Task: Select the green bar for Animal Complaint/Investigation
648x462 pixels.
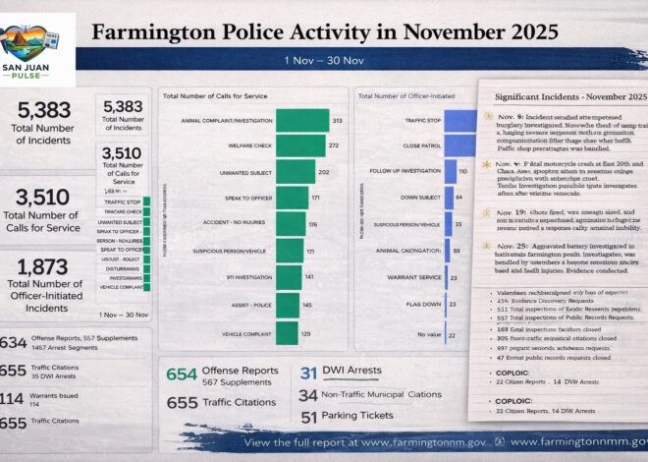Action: [x=301, y=121]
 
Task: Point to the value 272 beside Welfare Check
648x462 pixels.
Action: [x=334, y=145]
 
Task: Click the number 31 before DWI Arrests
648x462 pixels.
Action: [x=308, y=372]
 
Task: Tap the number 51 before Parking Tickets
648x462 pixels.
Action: [x=308, y=417]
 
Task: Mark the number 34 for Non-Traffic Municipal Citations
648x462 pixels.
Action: [x=308, y=394]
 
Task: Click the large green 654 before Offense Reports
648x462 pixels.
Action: [x=182, y=375]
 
